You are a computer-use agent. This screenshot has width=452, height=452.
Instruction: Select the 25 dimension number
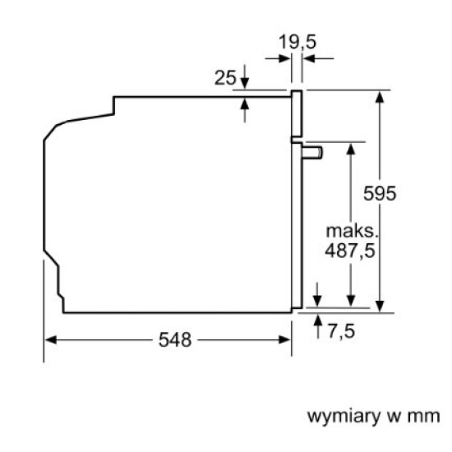point(225,78)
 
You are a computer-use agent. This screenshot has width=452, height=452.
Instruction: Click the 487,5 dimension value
point(350,251)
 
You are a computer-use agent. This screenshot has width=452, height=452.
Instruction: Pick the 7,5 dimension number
point(341,331)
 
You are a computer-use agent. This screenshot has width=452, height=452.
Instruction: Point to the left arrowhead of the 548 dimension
point(48,339)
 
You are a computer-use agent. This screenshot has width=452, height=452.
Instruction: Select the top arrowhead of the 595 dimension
point(381,95)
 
